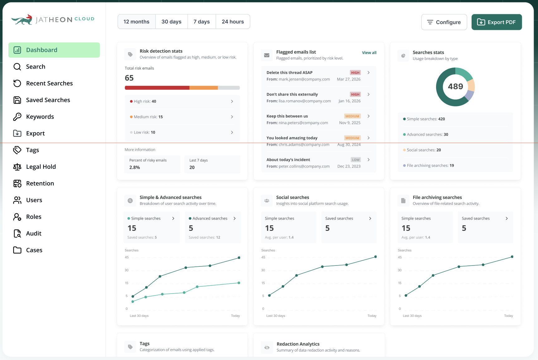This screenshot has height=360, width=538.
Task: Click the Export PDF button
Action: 497,22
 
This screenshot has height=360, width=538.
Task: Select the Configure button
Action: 444,22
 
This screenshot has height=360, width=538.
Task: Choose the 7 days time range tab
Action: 201,22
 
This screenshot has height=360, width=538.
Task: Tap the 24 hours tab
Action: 233,22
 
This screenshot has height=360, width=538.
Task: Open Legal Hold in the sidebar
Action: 41,167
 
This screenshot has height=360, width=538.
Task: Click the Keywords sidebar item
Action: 40,117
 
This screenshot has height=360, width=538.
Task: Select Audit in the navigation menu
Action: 34,233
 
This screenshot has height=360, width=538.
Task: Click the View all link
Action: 369,53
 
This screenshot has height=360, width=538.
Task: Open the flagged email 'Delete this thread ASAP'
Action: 289,73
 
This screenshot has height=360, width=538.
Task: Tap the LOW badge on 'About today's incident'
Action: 356,160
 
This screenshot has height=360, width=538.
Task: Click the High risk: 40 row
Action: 182,101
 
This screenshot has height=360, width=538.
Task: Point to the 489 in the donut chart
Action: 455,86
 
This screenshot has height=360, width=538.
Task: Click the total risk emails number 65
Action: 129,78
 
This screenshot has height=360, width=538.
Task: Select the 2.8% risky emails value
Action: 135,168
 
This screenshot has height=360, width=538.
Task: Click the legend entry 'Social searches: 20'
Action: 424,150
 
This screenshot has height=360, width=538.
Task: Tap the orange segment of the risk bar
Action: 204,88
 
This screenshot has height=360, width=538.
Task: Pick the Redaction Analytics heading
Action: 298,344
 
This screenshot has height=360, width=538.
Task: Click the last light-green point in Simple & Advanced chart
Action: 239,283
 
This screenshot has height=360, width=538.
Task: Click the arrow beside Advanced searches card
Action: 235,218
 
